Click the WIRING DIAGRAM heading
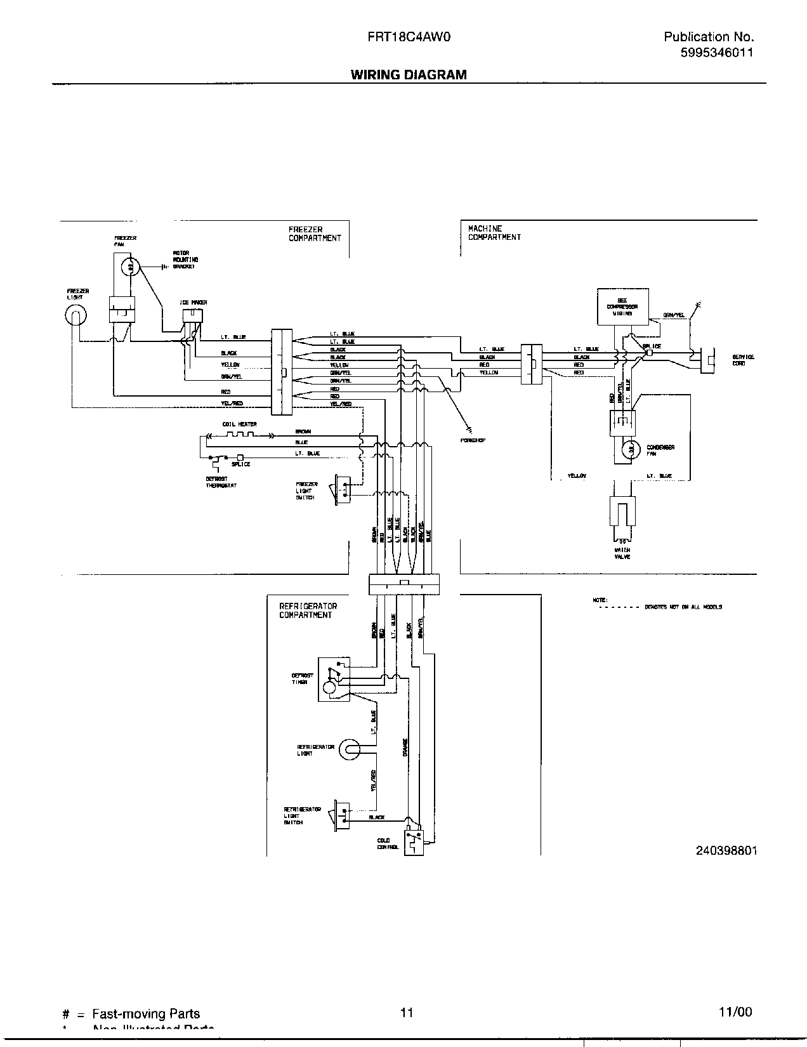click(409, 75)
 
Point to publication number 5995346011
click(716, 53)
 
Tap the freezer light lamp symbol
click(75, 315)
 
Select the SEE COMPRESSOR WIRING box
click(622, 307)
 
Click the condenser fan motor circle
click(631, 450)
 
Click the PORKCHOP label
click(473, 440)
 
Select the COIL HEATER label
click(239, 424)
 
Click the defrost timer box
click(334, 678)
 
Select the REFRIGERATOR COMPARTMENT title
click(308, 610)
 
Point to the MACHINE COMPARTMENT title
click(494, 233)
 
